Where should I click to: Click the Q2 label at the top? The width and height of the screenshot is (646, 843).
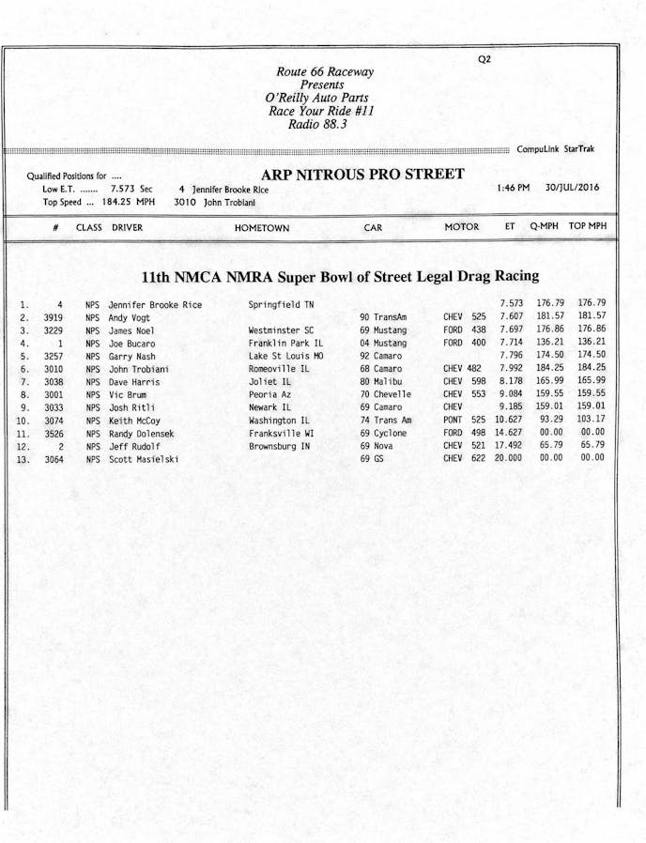click(x=484, y=59)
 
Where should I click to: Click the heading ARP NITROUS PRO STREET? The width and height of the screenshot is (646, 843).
click(x=362, y=175)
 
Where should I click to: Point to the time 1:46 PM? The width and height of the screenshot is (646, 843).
click(x=513, y=188)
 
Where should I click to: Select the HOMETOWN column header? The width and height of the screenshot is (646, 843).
click(x=262, y=228)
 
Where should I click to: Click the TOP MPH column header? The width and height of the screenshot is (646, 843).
click(x=588, y=227)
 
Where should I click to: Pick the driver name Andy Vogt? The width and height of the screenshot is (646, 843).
click(x=130, y=318)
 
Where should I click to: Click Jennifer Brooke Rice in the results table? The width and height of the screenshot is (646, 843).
click(x=155, y=305)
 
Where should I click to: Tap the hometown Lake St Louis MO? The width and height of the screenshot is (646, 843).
click(x=286, y=357)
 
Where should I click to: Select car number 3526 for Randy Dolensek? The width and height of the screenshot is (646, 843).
click(x=54, y=434)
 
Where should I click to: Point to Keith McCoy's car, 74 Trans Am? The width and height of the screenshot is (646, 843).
click(x=386, y=421)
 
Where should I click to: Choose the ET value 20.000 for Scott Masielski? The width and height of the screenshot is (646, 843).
click(x=509, y=458)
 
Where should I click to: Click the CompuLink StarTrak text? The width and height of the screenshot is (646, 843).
click(x=556, y=149)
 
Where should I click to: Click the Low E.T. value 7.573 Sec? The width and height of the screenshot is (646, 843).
click(x=131, y=189)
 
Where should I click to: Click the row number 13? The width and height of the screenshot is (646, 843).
click(x=23, y=460)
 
